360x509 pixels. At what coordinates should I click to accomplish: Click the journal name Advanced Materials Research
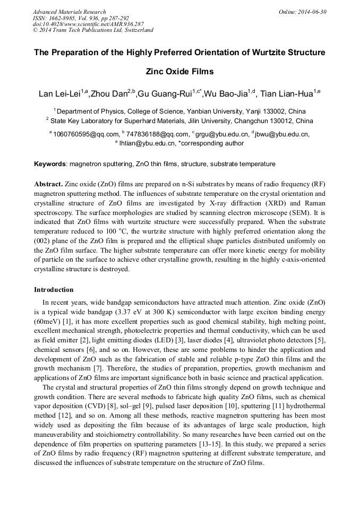69,12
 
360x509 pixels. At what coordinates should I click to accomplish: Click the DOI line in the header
88,24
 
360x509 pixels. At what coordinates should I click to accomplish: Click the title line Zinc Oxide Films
179,72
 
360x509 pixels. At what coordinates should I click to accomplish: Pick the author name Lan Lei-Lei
58,94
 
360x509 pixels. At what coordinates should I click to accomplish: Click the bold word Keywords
50,164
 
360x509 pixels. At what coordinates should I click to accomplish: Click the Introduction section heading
54,290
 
